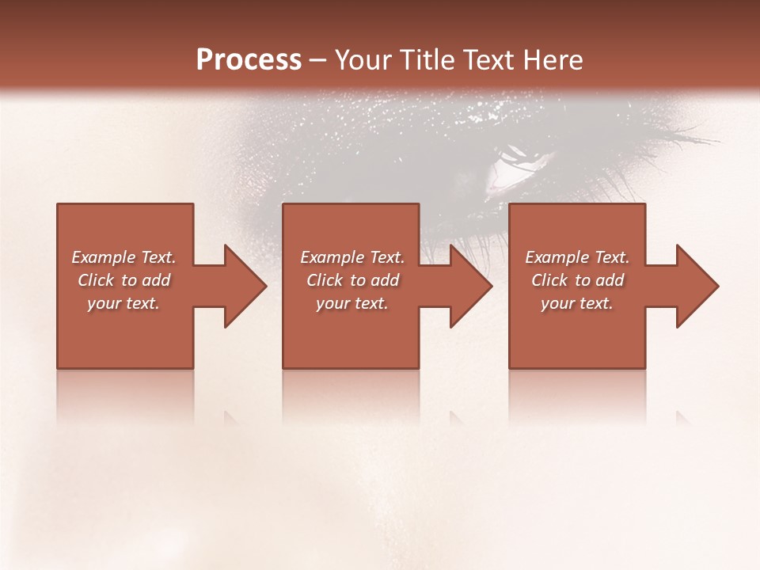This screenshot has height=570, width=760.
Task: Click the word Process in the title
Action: tap(249, 60)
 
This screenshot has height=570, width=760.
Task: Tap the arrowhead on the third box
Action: tap(696, 287)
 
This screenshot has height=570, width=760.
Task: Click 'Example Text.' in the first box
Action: tap(123, 257)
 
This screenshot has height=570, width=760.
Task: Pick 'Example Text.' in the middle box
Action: tap(352, 257)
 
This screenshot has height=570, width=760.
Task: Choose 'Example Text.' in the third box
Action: tap(577, 257)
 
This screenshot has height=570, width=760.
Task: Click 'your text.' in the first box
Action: tap(123, 303)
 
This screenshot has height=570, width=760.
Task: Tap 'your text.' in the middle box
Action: tap(352, 303)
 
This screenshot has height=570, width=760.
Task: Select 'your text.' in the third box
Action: tap(577, 303)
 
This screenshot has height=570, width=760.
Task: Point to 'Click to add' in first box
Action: tap(123, 280)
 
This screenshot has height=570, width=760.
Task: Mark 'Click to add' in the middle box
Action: tap(352, 280)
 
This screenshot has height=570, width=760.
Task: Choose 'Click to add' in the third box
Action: tap(577, 280)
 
